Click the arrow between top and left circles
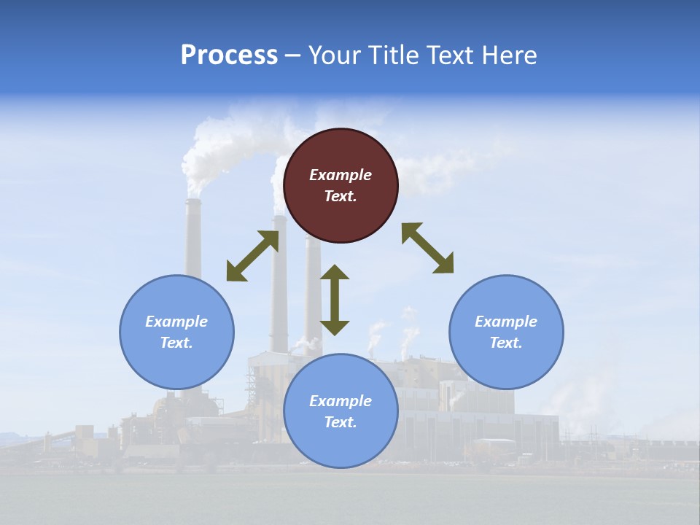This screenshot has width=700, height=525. coord(252,256)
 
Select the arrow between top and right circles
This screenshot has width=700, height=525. coord(427,248)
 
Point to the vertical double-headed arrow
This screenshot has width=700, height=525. coord(335,300)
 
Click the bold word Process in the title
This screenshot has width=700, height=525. coord(229,55)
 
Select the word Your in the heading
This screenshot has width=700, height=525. coord(335,55)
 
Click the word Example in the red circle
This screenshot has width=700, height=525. coord(341,175)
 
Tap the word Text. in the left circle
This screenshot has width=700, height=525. coord(176,343)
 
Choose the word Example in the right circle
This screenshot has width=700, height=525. coord(506,322)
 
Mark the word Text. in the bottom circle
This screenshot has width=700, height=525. coord(341,422)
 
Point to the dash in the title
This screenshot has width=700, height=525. coord(292,55)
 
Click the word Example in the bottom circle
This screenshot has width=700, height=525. coord(341,401)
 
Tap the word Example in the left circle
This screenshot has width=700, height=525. coord(176,322)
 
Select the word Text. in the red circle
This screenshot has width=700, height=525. coord(341,196)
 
